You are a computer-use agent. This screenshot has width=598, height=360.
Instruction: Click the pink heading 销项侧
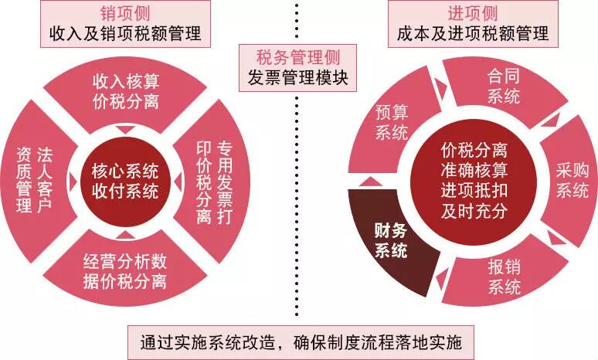[x=124, y=14]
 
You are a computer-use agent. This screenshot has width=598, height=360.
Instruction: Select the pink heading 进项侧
[x=472, y=14]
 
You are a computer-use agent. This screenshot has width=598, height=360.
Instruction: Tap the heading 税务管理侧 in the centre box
[x=297, y=56]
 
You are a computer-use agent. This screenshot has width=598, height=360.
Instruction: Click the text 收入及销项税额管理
[x=124, y=33]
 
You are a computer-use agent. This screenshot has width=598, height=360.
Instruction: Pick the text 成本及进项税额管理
[x=472, y=33]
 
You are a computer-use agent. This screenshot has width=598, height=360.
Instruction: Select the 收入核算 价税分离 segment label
[x=125, y=90]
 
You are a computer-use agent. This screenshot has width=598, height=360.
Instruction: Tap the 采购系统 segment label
[x=573, y=180]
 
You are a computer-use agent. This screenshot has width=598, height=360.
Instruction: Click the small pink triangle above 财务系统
[x=372, y=181]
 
